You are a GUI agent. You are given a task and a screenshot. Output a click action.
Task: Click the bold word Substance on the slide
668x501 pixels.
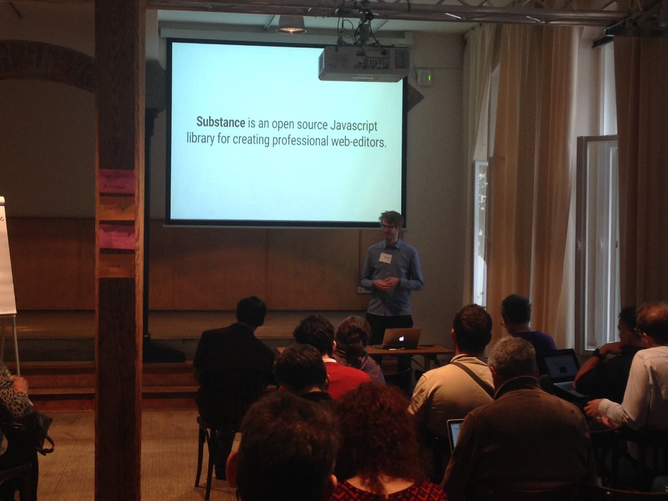(221, 122)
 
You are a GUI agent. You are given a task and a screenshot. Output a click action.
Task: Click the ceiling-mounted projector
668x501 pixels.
(364, 63)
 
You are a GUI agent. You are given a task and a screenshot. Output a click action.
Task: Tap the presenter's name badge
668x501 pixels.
(386, 258)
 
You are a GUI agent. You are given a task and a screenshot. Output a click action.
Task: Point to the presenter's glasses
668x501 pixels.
(388, 227)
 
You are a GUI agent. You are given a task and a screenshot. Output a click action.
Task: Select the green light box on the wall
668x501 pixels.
(424, 77)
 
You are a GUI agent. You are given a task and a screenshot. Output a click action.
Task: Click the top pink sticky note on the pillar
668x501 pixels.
(117, 181)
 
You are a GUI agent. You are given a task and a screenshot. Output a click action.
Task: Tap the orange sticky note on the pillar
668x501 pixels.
(117, 209)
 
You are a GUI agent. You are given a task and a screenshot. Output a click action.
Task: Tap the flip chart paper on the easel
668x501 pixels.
(6, 256)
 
